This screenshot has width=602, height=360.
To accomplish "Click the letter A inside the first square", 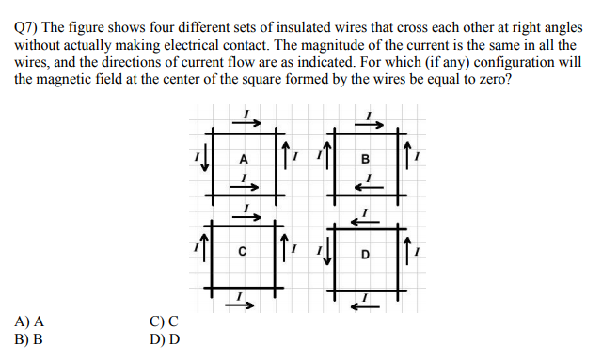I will pyautogui.click(x=244, y=159).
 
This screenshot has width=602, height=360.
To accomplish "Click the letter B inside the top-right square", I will pyautogui.click(x=365, y=159).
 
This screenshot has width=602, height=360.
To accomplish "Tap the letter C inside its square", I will pyautogui.click(x=243, y=252).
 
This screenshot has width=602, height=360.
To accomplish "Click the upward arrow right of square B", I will pyautogui.click(x=405, y=153).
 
